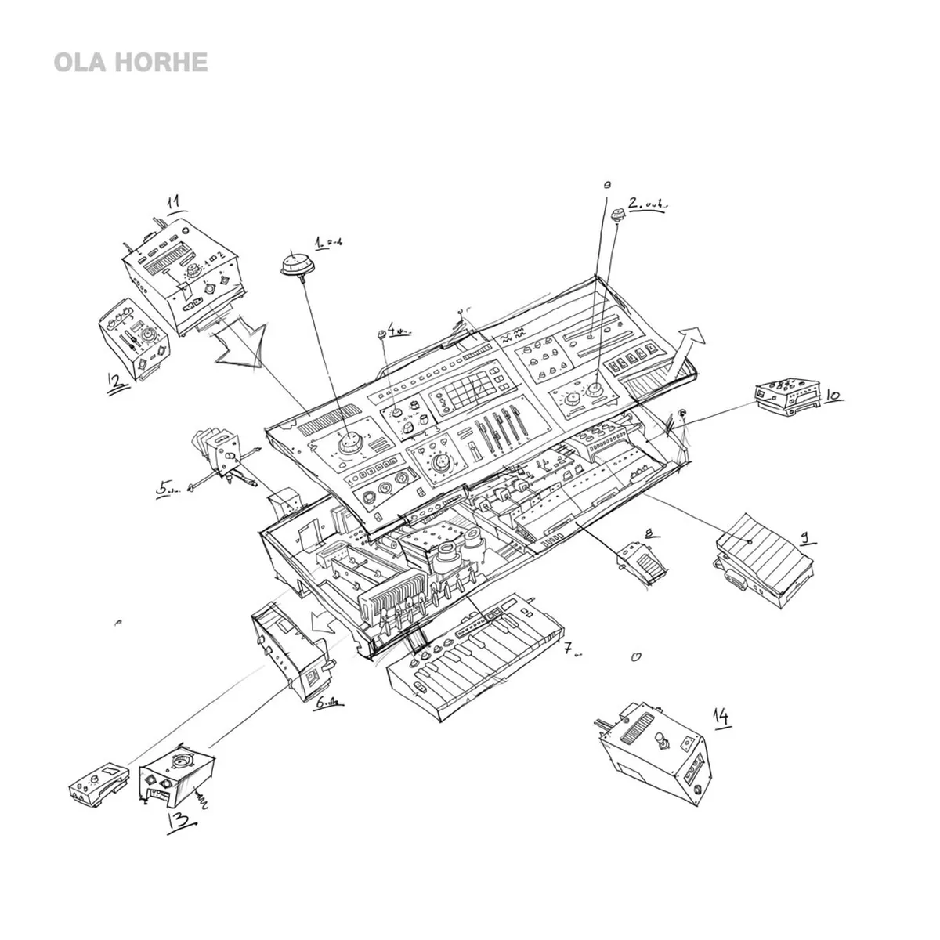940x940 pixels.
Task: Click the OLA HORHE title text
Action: [x=130, y=63]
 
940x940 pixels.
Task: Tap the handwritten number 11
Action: [x=175, y=202]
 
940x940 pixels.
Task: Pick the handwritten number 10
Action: [x=833, y=395]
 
